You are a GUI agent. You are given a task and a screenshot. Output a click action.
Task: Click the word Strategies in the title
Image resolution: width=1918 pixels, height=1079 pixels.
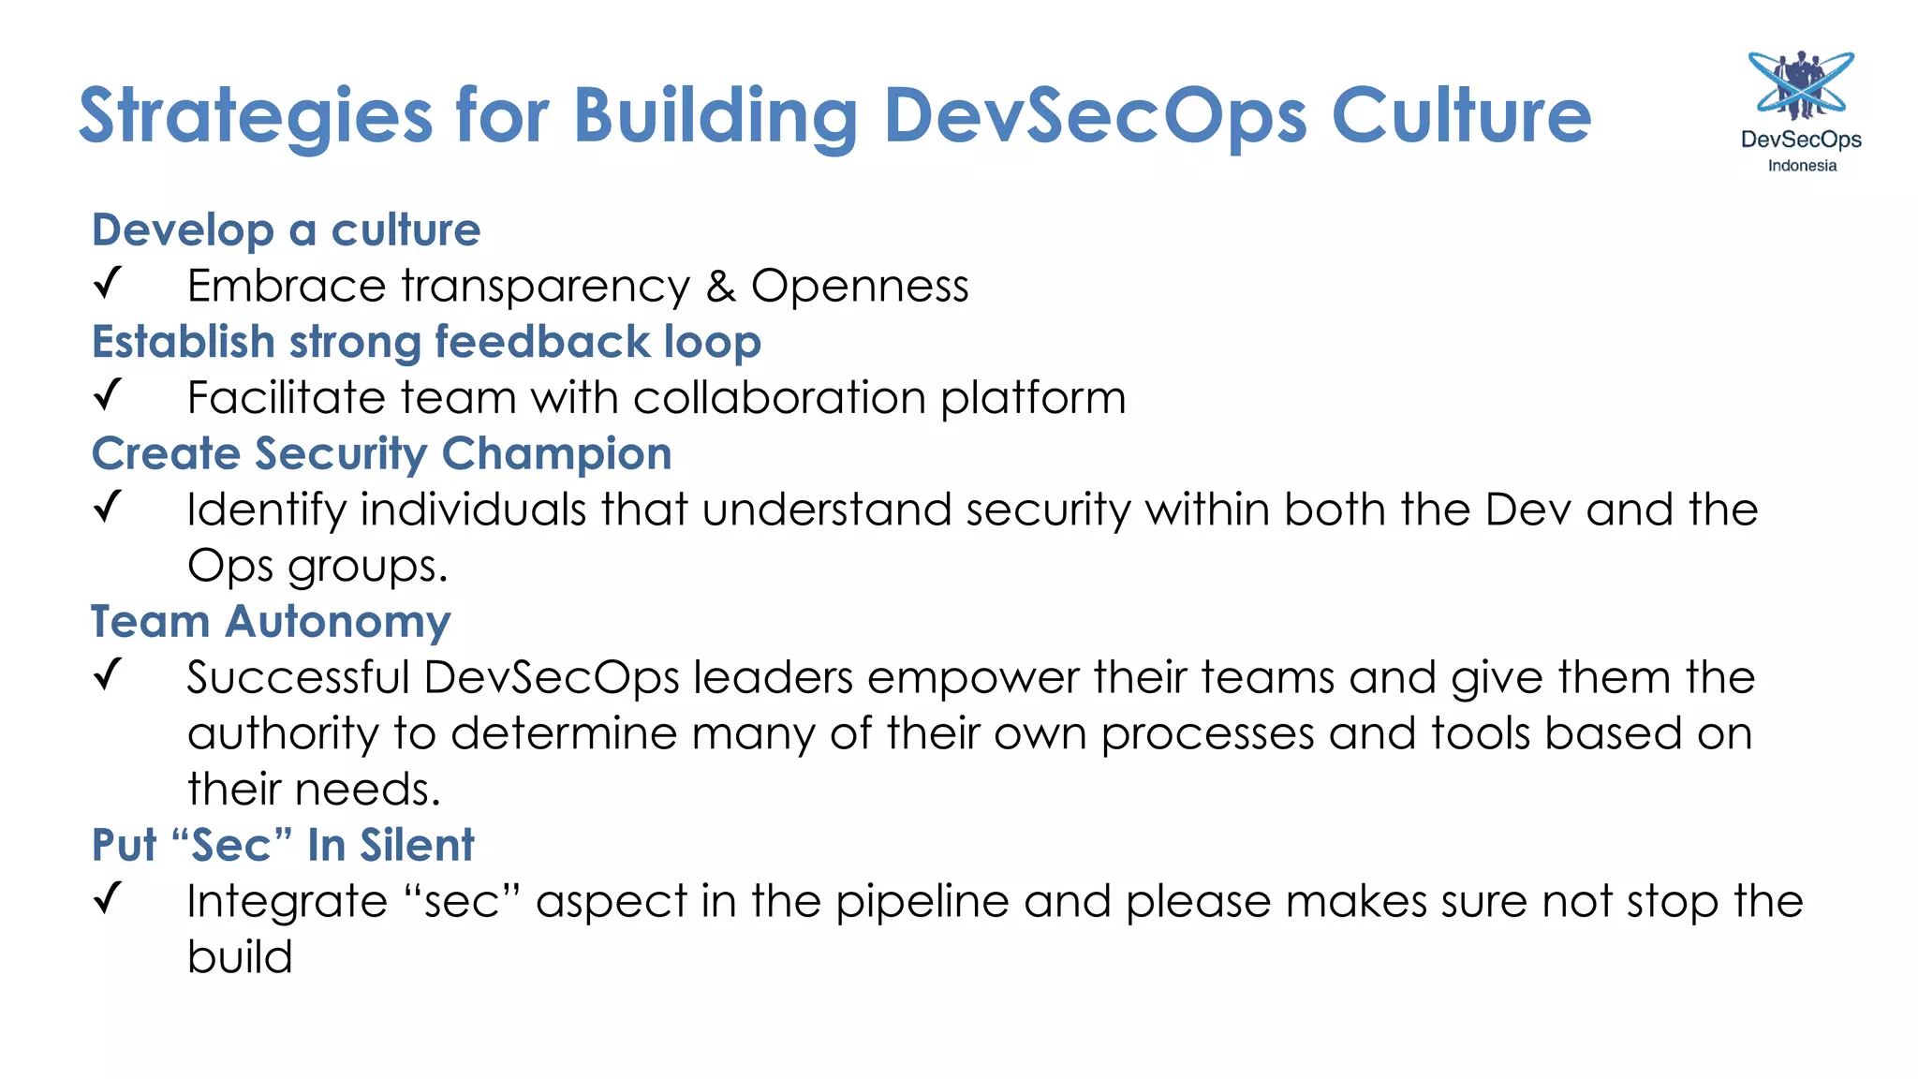point(255,116)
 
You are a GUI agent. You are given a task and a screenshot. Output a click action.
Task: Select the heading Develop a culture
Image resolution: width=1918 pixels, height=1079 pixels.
point(286,230)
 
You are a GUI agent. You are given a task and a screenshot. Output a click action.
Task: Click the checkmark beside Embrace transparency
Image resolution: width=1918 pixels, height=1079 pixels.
point(109,282)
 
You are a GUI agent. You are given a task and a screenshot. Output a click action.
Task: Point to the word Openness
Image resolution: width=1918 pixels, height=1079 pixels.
point(860,286)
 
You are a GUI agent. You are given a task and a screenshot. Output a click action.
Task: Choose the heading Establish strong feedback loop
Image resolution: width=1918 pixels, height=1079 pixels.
point(426,342)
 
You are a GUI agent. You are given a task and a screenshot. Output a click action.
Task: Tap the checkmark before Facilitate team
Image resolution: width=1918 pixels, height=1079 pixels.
point(109,394)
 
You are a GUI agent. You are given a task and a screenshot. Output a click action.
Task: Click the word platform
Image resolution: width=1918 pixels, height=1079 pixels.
point(1033,399)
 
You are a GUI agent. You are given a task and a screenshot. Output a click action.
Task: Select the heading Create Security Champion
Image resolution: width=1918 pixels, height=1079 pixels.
point(381,454)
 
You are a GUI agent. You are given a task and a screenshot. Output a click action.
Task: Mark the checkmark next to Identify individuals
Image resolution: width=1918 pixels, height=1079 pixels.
point(109,506)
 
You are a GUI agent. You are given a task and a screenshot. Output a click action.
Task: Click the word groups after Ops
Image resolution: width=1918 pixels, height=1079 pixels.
point(367,568)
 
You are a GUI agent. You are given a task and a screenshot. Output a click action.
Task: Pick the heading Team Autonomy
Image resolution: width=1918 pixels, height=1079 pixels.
point(271,622)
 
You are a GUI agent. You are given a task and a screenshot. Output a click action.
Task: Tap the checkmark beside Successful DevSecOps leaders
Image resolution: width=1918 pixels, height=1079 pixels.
point(109,673)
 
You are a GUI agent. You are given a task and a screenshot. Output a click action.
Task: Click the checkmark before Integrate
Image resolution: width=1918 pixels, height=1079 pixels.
point(109,897)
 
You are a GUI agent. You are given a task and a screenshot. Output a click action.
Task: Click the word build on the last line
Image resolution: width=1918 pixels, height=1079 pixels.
point(240,957)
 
